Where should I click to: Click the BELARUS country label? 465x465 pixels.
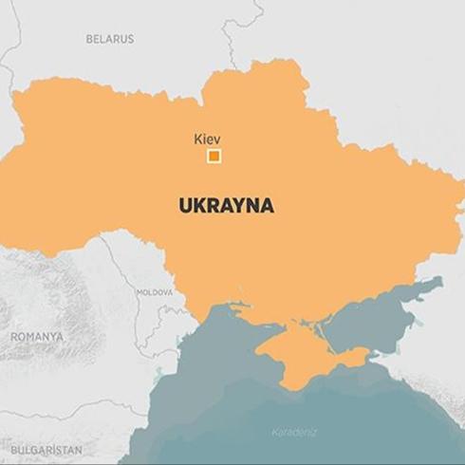point(110,39)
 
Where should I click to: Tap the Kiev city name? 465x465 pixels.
point(207,139)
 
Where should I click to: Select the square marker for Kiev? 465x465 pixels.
point(214,157)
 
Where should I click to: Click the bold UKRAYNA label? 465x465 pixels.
point(226,205)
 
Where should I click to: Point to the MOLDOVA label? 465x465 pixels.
point(154,292)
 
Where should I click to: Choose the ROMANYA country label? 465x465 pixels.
point(37,337)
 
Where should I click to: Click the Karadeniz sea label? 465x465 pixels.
point(295,433)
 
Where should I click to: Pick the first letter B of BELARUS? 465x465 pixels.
point(89,39)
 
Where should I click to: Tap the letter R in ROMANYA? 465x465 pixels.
point(14,337)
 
